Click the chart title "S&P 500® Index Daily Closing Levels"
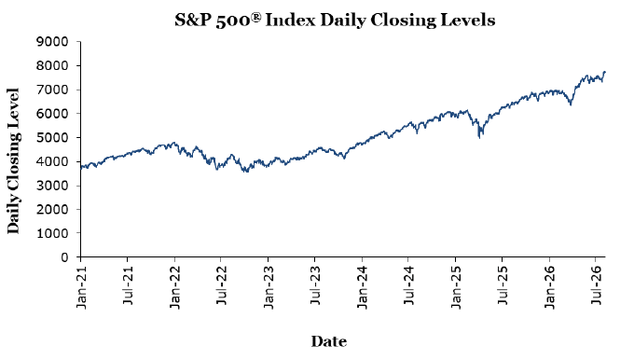335,20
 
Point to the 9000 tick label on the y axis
52,42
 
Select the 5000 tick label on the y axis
52,137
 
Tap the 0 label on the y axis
64,257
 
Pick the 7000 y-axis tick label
52,90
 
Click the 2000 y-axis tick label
52,210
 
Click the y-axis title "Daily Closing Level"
13,160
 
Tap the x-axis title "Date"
329,341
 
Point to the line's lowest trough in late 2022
246,173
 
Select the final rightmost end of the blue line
605,72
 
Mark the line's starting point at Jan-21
81,168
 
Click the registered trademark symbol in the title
256,17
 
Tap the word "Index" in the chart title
290,20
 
